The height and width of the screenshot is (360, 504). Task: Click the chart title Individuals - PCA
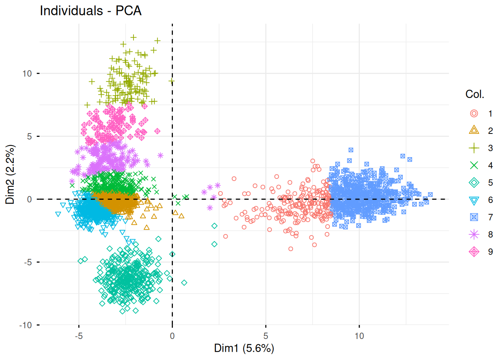tap(91, 10)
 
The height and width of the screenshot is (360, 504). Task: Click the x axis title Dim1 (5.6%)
tap(244, 348)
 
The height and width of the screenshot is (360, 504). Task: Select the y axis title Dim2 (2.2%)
tap(10, 174)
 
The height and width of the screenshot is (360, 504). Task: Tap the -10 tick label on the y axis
tap(25, 325)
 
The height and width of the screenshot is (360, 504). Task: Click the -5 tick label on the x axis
tap(79, 336)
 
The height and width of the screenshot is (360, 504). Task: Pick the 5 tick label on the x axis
tap(265, 336)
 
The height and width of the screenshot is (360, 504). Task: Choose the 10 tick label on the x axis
tap(359, 336)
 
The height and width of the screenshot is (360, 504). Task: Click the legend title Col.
tap(474, 94)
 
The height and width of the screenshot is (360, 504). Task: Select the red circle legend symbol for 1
tap(474, 114)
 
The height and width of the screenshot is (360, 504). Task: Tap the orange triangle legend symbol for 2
tap(474, 130)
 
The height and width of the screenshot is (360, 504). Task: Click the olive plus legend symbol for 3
tap(474, 148)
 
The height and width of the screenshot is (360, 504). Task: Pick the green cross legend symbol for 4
tap(474, 165)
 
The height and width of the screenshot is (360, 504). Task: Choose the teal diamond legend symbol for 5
tap(474, 183)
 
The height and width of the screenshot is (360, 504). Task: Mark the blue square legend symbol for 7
tap(474, 217)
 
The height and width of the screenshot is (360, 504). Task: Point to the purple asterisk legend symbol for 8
tap(474, 234)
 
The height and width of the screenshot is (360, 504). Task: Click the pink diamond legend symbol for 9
tap(474, 252)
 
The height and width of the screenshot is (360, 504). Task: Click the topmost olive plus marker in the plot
tap(133, 37)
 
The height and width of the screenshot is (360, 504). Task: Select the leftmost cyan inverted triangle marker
tap(58, 214)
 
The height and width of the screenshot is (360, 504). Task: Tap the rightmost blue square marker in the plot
tap(430, 195)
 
